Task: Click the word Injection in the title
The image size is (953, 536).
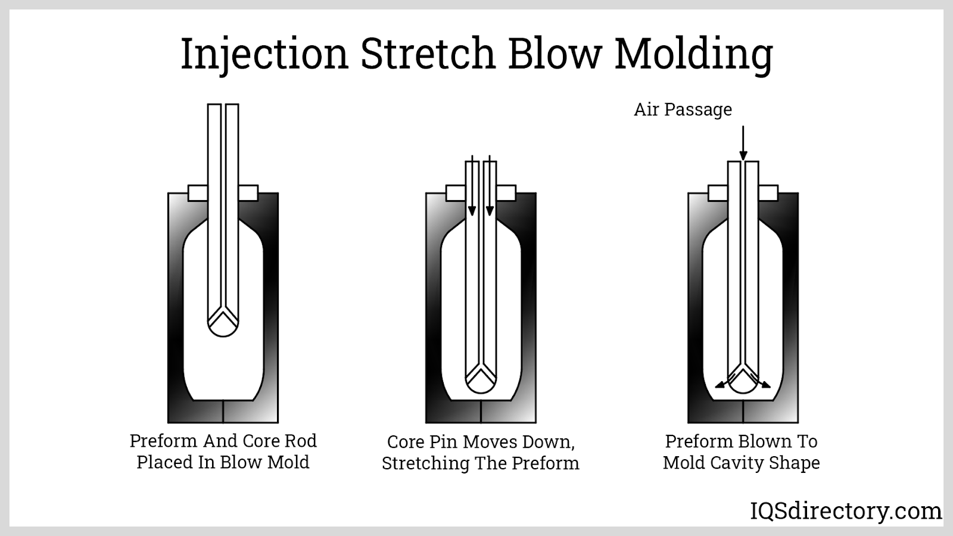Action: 264,54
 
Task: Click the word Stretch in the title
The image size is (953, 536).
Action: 428,54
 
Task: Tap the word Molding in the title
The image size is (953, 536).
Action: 693,54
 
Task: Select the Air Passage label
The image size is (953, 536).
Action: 683,110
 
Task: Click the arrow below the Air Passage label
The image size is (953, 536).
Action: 743,143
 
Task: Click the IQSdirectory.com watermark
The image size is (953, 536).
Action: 845,511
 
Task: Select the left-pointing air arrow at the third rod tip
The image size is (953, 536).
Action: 722,383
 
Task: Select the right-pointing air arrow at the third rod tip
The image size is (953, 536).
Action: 763,383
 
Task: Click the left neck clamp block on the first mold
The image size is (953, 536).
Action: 198,193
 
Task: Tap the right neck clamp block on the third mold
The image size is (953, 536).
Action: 768,193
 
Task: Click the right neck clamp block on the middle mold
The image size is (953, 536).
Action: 506,193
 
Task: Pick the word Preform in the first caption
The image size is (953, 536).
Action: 163,441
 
